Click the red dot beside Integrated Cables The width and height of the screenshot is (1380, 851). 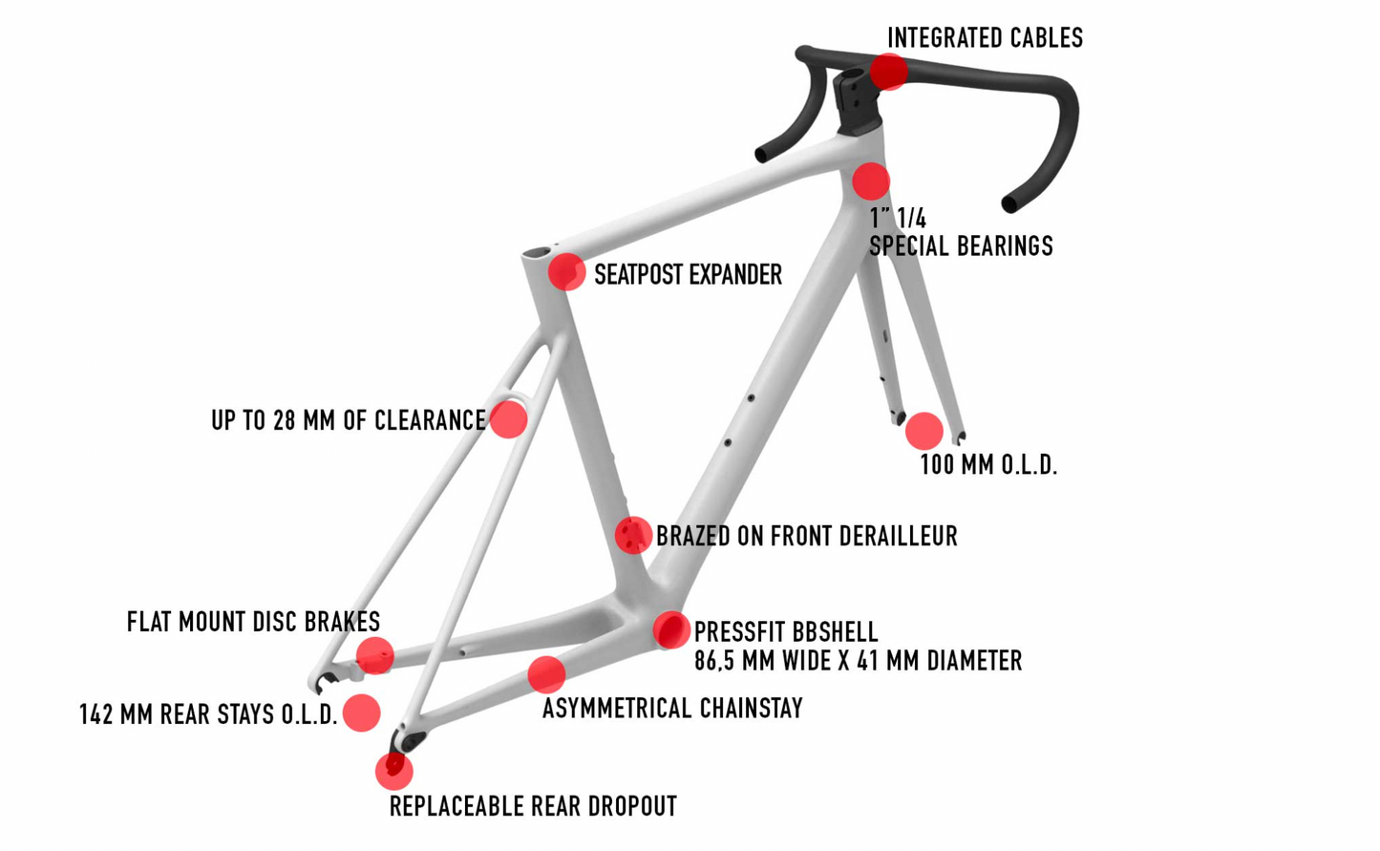[x=888, y=71]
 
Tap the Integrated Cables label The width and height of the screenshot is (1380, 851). [x=985, y=38]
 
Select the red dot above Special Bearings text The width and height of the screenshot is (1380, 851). [x=870, y=181]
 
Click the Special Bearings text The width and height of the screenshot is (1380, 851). [x=960, y=245]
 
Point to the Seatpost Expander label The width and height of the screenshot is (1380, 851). [x=688, y=275]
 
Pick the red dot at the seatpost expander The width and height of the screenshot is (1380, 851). [x=566, y=272]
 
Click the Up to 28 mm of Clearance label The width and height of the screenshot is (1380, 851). [x=348, y=420]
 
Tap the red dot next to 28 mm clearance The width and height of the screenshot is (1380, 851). [x=508, y=419]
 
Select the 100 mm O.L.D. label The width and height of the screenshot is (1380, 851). [x=988, y=465]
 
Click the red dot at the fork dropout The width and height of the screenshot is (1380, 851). [x=924, y=431]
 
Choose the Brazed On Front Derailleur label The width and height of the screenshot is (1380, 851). [x=806, y=536]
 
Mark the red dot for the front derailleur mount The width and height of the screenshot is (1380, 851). [x=632, y=535]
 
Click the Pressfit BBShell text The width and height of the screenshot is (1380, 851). [x=785, y=632]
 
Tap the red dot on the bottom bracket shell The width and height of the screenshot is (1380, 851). [x=671, y=629]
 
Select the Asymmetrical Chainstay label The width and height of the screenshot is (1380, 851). [x=672, y=709]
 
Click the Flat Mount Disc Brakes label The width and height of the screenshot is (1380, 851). [x=253, y=623]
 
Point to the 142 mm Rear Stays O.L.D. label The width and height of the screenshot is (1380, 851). [x=208, y=714]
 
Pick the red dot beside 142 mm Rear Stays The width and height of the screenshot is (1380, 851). [x=361, y=713]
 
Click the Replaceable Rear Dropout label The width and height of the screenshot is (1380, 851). [x=533, y=807]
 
